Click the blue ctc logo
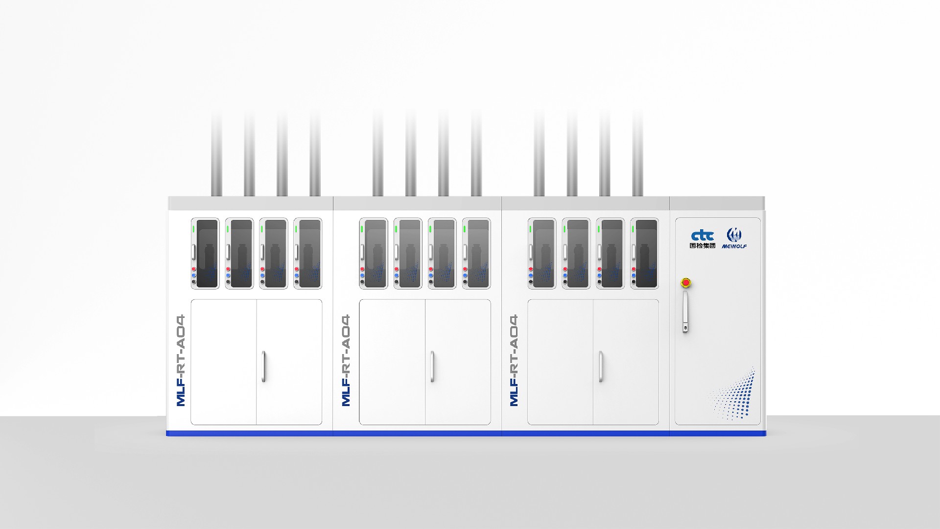click(703, 236)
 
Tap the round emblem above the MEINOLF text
click(734, 235)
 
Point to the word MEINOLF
click(734, 246)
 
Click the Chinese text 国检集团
click(703, 245)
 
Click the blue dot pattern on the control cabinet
click(733, 394)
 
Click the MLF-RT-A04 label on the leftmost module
click(181, 360)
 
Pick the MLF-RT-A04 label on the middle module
click(346, 360)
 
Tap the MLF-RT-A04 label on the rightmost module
click(514, 360)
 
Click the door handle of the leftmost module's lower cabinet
click(263, 366)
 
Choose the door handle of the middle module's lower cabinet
click(432, 366)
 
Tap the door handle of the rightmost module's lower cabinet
click(601, 366)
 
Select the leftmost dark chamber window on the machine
click(207, 253)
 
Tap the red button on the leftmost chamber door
click(194, 269)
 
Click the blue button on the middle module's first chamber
click(362, 275)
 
